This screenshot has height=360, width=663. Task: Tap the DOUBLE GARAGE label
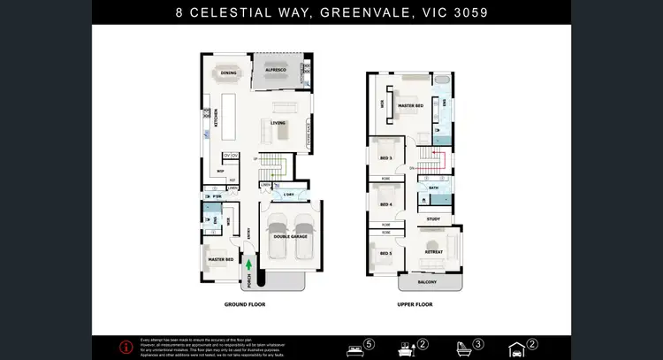[291, 236]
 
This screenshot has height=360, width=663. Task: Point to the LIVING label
[278, 123]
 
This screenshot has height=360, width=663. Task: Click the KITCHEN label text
[216, 117]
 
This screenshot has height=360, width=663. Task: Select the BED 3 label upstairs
[385, 157]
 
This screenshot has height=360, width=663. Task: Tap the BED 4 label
[385, 204]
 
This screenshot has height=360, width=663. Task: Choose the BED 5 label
[385, 254]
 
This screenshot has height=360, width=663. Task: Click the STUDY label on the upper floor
[433, 218]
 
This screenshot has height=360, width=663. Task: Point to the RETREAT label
[433, 251]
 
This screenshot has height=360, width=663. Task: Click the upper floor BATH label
[433, 188]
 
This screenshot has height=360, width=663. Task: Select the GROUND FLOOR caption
[245, 304]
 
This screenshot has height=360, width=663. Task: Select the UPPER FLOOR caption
[415, 304]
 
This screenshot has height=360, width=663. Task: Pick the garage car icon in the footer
[516, 348]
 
